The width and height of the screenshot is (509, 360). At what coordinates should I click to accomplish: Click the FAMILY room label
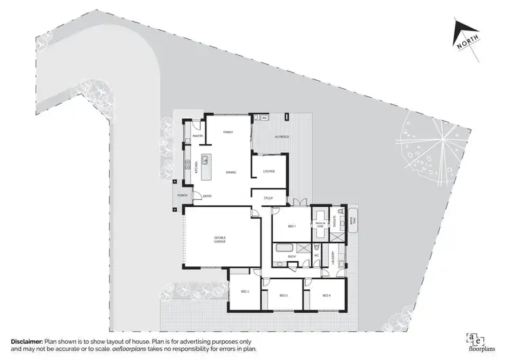point(228,131)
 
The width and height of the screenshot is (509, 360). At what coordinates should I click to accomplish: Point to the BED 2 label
point(244,291)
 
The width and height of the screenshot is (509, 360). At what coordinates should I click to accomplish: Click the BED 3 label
point(284,295)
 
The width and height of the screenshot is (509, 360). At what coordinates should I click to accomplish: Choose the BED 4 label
point(326,295)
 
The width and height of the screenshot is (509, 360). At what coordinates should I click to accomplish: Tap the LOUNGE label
point(269,170)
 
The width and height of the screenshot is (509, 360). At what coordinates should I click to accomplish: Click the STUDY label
point(268,198)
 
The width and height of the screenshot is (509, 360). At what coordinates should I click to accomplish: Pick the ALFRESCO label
point(282,137)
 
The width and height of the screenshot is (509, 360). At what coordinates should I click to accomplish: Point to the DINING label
point(231,172)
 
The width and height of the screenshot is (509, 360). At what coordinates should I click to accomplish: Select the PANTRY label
point(198,136)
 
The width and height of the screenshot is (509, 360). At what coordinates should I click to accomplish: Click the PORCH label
point(182,196)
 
